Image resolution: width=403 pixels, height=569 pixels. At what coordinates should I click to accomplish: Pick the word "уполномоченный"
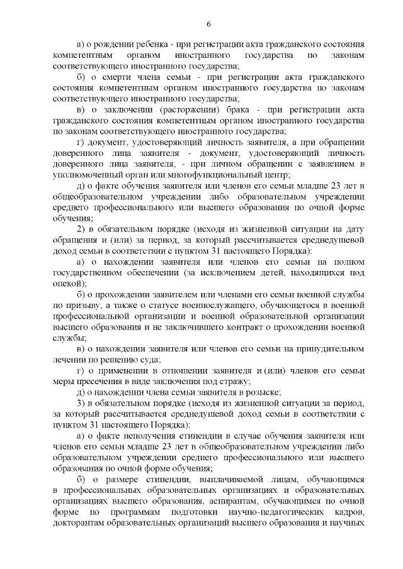(86, 175)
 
